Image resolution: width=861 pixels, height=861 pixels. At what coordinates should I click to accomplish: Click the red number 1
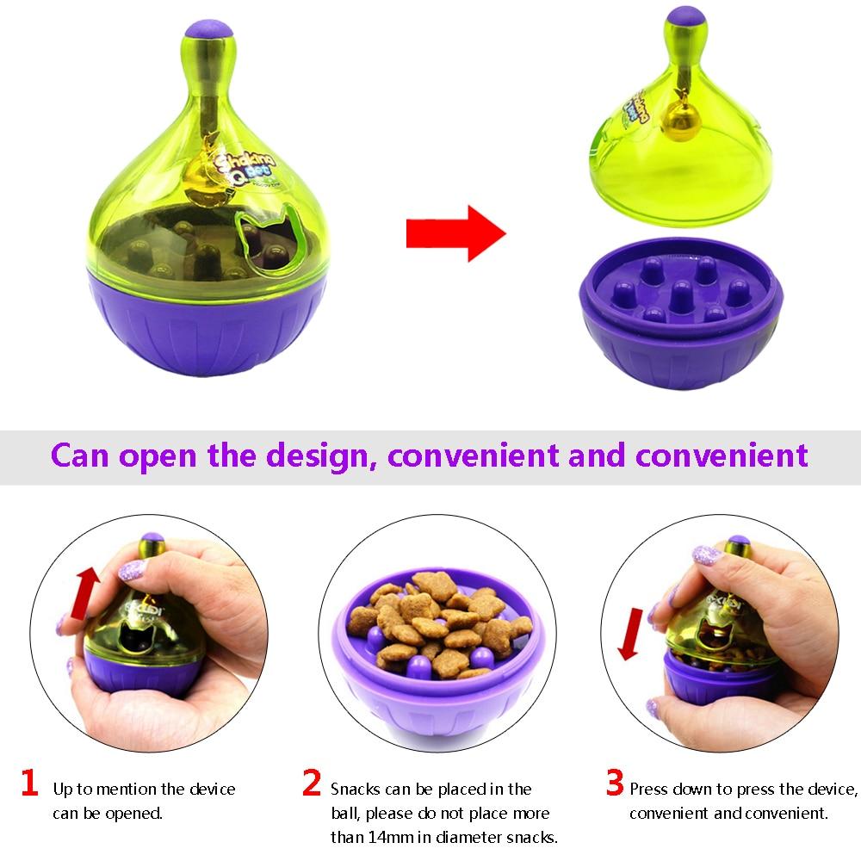click(30, 784)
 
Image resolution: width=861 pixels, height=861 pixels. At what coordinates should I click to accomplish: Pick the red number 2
click(312, 784)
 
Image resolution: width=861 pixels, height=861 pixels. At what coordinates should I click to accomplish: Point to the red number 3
click(614, 784)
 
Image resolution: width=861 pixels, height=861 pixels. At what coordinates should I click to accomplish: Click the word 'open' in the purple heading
click(159, 455)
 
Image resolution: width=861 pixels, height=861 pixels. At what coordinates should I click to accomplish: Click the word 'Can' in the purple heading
click(80, 455)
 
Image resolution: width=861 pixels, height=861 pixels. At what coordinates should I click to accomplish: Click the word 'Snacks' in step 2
click(358, 789)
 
